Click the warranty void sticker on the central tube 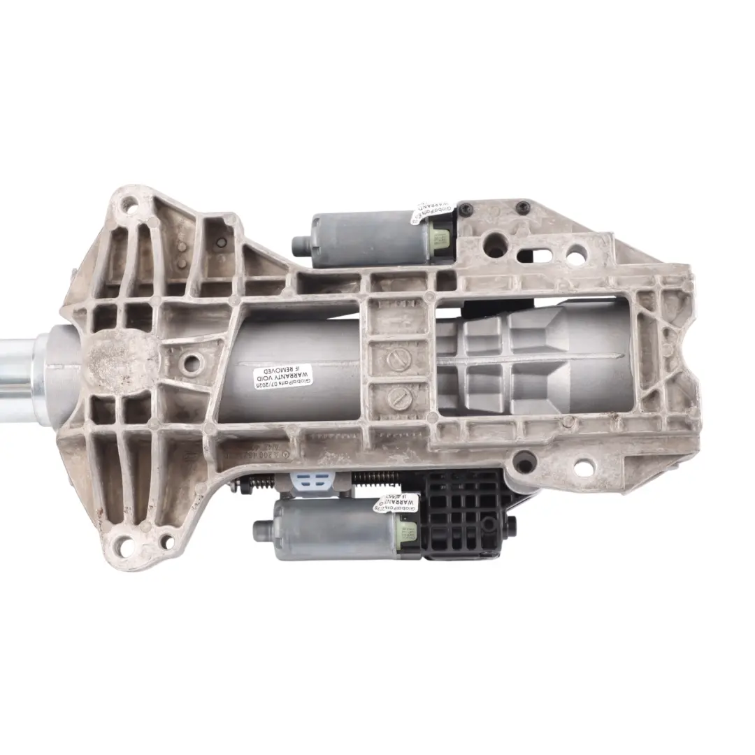pyautogui.click(x=283, y=377)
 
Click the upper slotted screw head pyautogui.click(x=396, y=362)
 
